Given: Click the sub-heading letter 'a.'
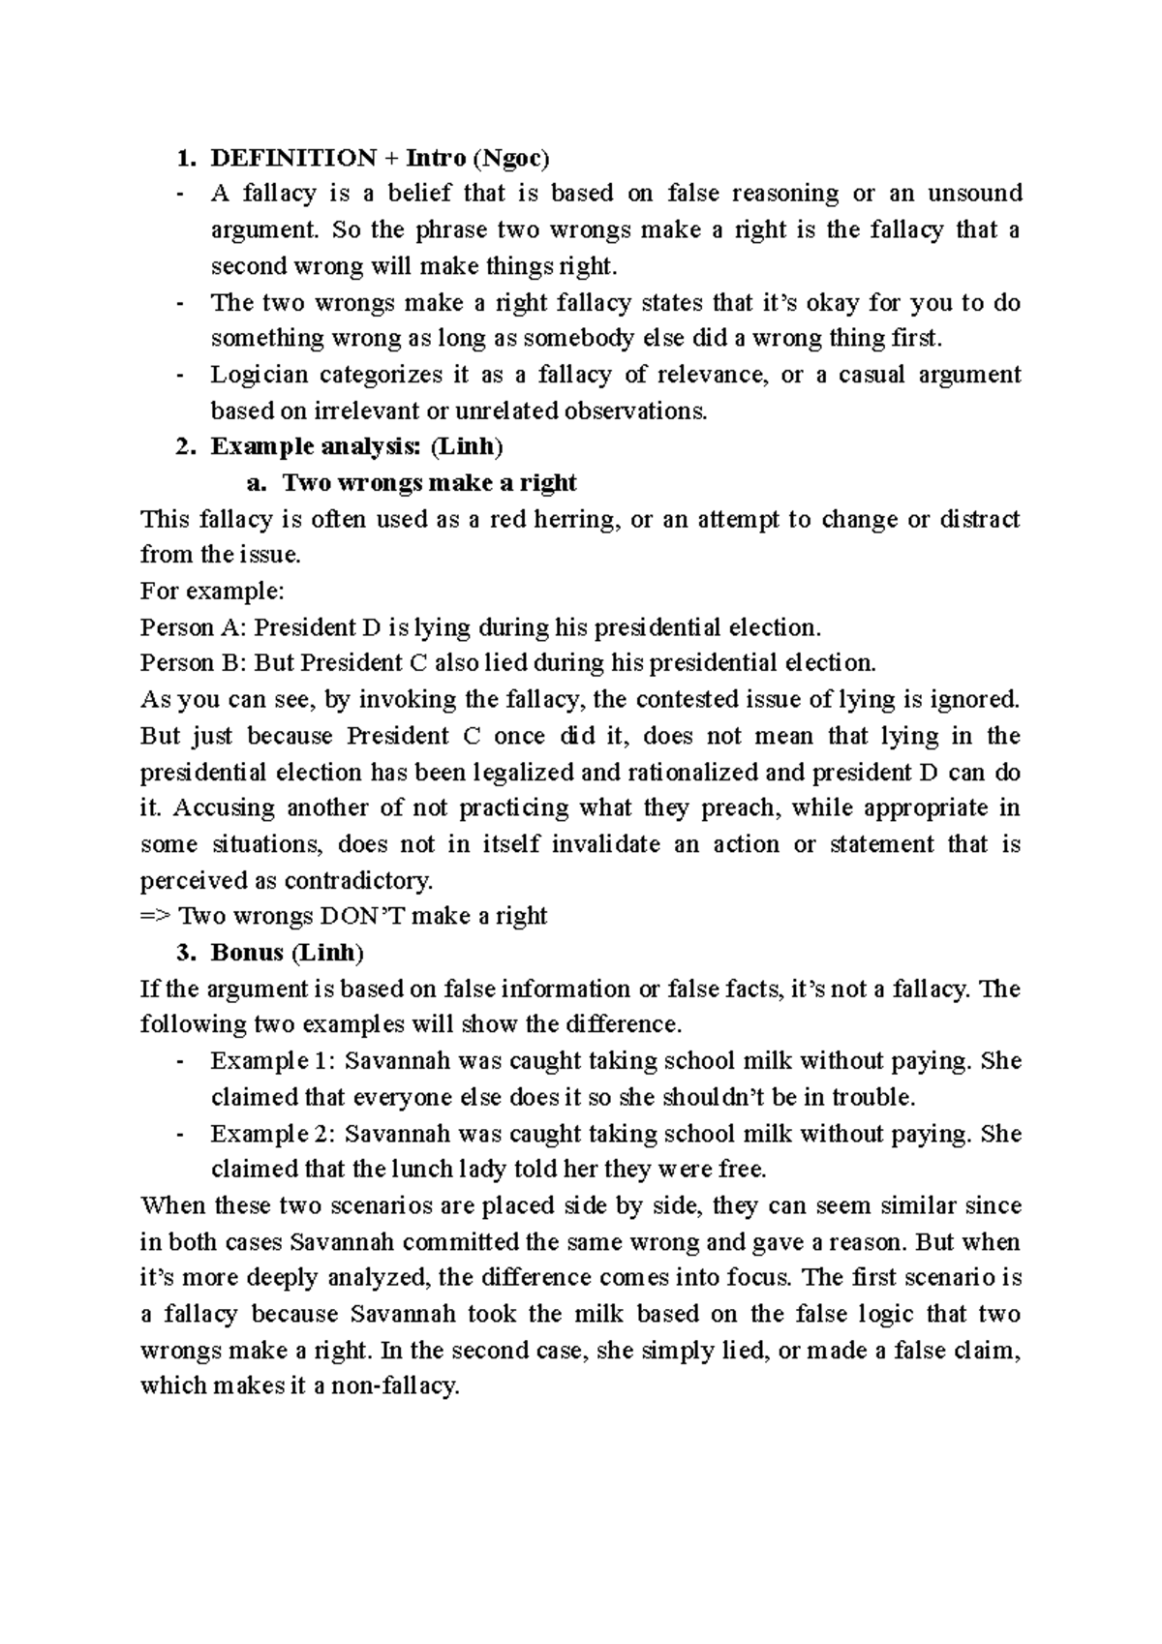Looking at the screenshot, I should (259, 483).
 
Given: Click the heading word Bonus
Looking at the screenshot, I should (246, 953).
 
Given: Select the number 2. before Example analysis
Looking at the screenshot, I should (185, 446).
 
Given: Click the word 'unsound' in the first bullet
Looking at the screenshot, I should (975, 194).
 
